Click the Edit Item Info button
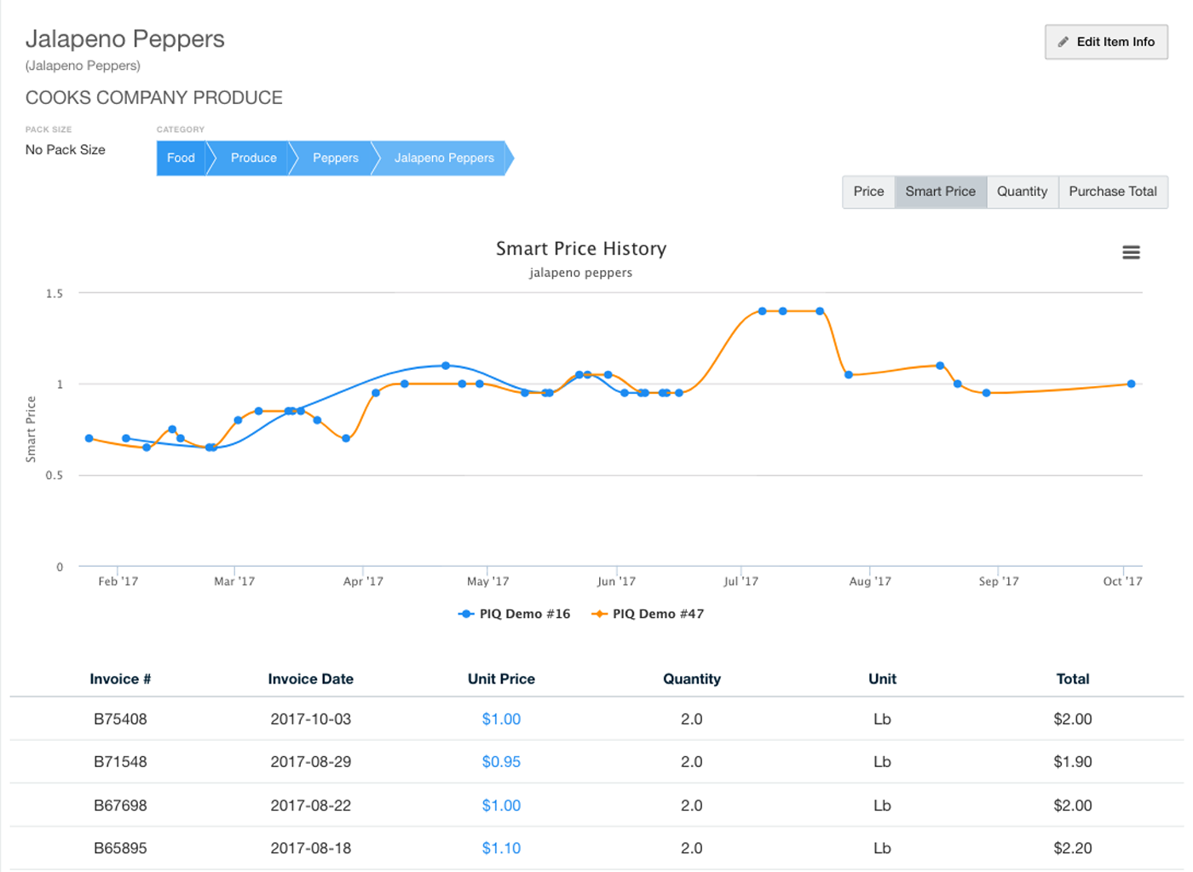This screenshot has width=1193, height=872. coord(1106,42)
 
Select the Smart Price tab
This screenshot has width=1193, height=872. coord(940,192)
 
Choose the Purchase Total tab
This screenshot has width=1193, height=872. coord(1112,192)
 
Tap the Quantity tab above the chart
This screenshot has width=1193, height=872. coord(1022,192)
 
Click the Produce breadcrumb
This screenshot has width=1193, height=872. coord(253,159)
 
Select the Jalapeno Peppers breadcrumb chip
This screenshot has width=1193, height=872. coord(443,159)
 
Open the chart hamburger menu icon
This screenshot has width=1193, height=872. coord(1131,252)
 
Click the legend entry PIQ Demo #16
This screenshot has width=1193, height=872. coord(515,614)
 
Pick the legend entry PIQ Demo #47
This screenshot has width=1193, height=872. coord(648,614)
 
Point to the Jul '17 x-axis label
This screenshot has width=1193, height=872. coord(741,581)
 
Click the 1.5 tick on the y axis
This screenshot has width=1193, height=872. coord(55,293)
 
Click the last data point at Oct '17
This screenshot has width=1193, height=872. coord(1131,384)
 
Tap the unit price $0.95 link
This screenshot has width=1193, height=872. coord(501,762)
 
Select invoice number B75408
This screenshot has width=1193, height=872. coord(120,719)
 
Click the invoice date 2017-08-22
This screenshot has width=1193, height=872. coord(310,806)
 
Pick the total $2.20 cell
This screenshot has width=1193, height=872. coord(1072,848)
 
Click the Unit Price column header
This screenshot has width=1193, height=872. coord(501,679)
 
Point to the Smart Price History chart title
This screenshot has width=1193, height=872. coord(581,249)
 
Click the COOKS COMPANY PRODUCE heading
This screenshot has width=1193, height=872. coord(154,98)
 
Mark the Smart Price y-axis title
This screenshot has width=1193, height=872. coord(32,430)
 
